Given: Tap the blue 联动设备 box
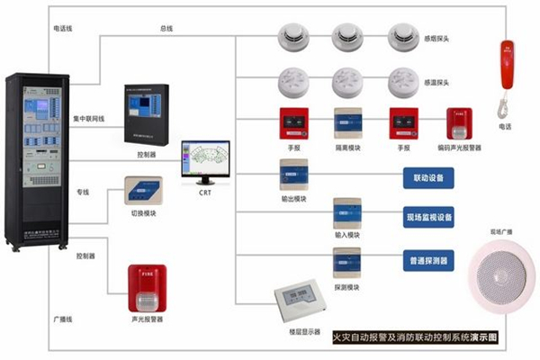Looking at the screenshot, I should pos(427,178).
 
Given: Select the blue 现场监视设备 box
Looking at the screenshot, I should pos(427,217).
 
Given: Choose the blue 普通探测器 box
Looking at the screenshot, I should pos(427,260).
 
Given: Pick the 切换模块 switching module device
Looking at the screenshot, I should pos(147,192).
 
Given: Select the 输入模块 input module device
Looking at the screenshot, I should pos(346,213).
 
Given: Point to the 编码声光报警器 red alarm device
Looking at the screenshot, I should pos(459,123).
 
